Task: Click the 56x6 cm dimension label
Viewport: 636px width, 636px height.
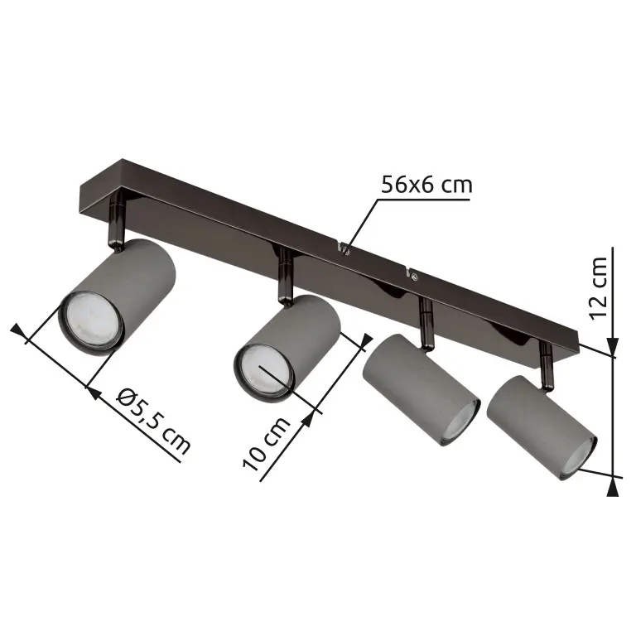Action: (426, 185)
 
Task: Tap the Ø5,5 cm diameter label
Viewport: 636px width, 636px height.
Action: (154, 421)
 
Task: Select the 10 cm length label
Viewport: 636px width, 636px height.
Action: (267, 444)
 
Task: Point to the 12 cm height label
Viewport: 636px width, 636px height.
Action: (599, 288)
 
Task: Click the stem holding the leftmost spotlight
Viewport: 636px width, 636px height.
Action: (117, 220)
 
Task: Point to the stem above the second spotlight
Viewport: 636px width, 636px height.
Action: (286, 277)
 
